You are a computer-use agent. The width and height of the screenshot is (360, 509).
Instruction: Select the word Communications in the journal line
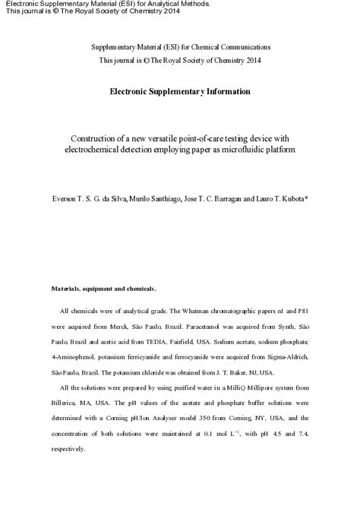pyautogui.click(x=244, y=47)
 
